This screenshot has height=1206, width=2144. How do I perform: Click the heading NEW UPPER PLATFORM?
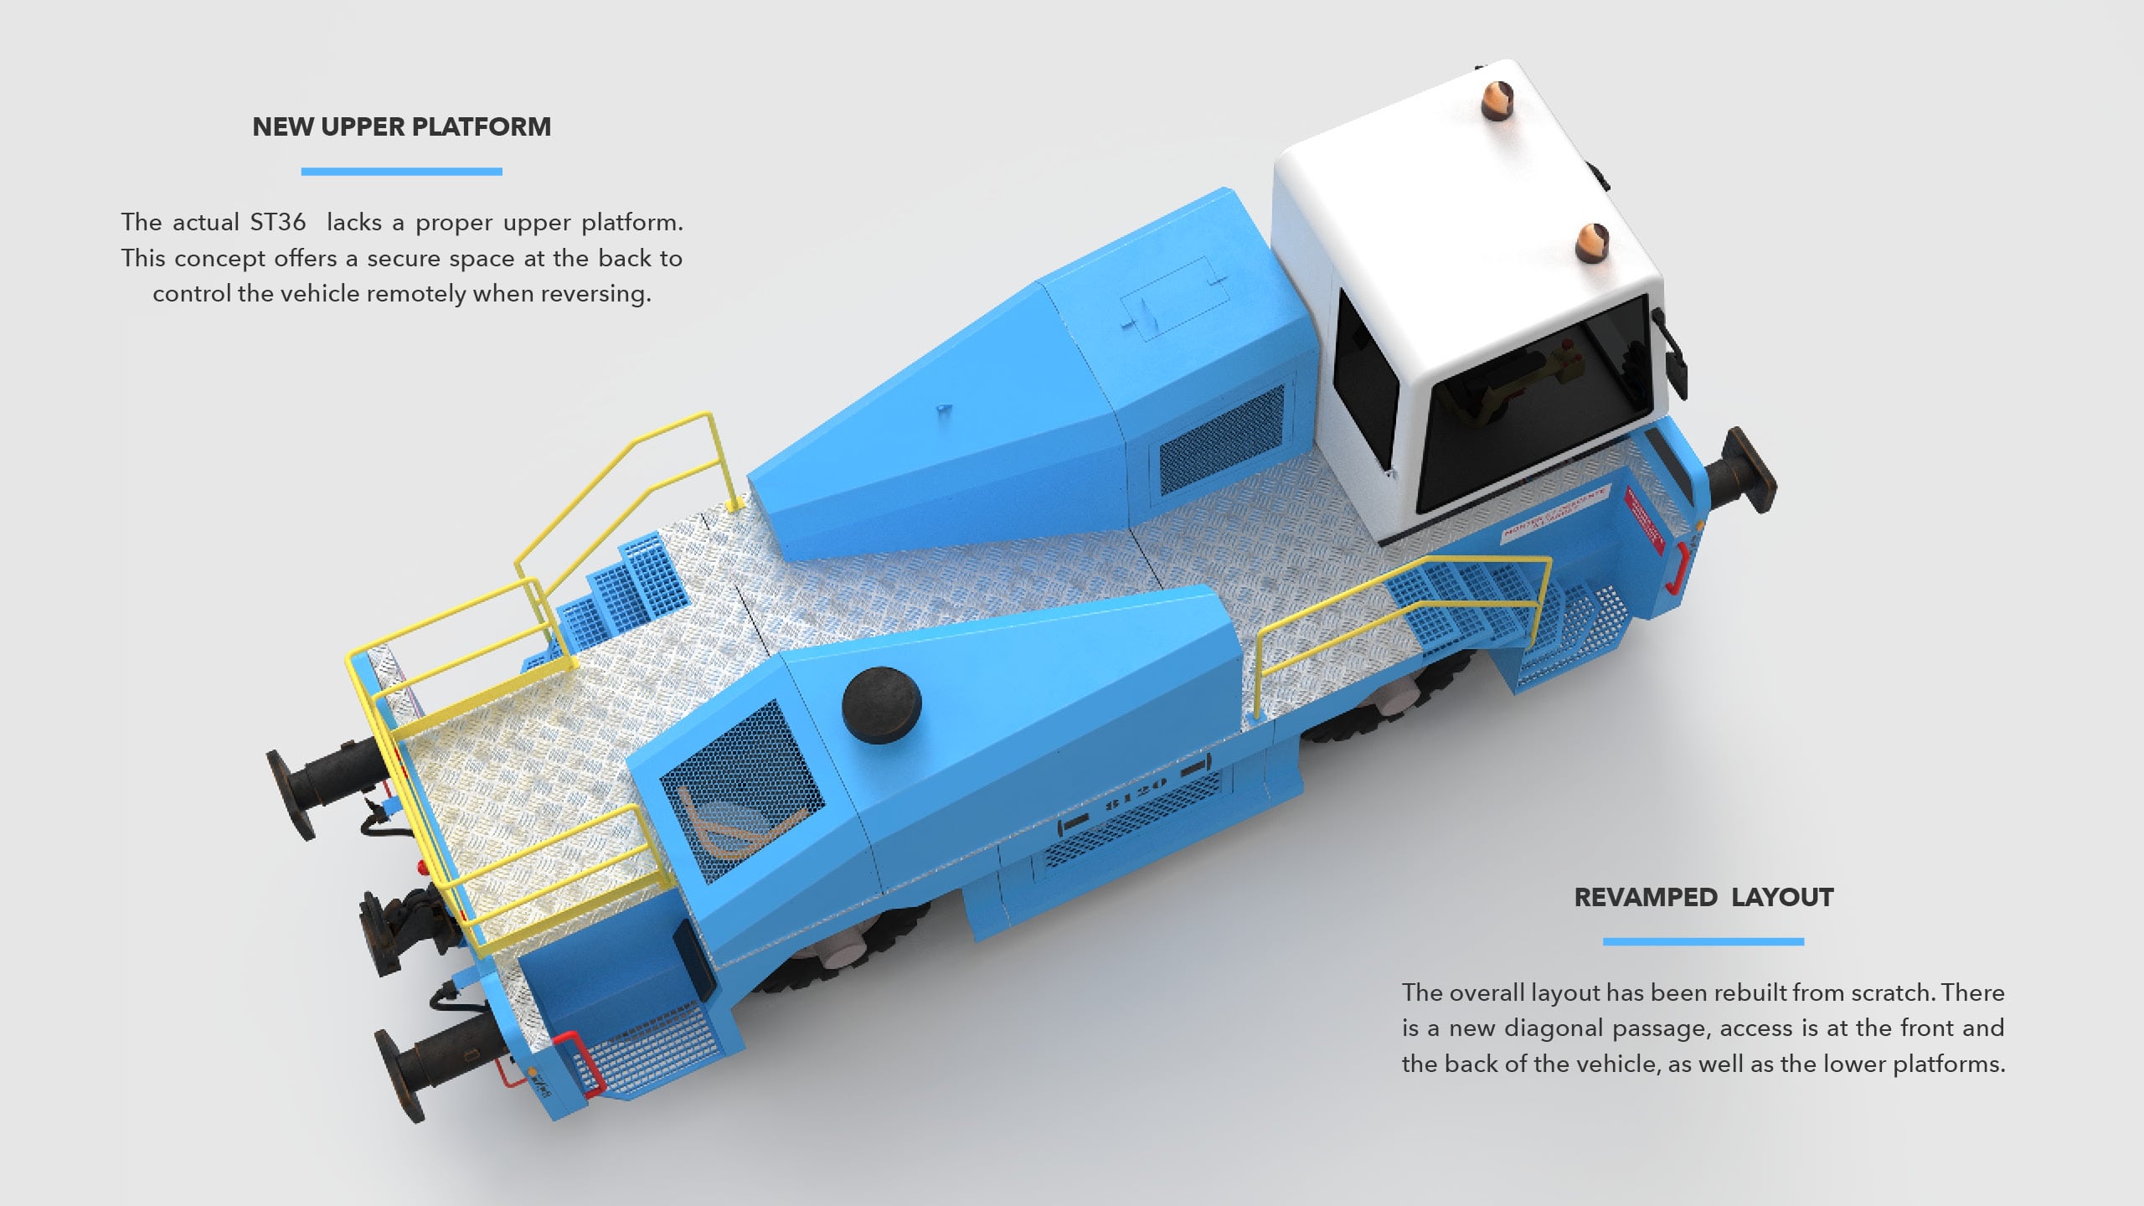pyautogui.click(x=402, y=126)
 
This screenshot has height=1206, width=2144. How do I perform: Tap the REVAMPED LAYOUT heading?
pyautogui.click(x=1703, y=897)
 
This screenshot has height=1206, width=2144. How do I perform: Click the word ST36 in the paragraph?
pyautogui.click(x=278, y=222)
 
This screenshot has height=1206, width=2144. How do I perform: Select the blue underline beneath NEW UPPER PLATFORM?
pyautogui.click(x=402, y=172)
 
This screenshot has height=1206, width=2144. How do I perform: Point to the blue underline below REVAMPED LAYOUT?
pyautogui.click(x=1703, y=942)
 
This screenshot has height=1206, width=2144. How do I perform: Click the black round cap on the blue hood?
pyautogui.click(x=881, y=705)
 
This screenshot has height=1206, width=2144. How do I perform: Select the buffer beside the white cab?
pyautogui.click(x=1742, y=471)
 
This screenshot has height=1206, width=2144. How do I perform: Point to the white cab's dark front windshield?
pyautogui.click(x=1533, y=402)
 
